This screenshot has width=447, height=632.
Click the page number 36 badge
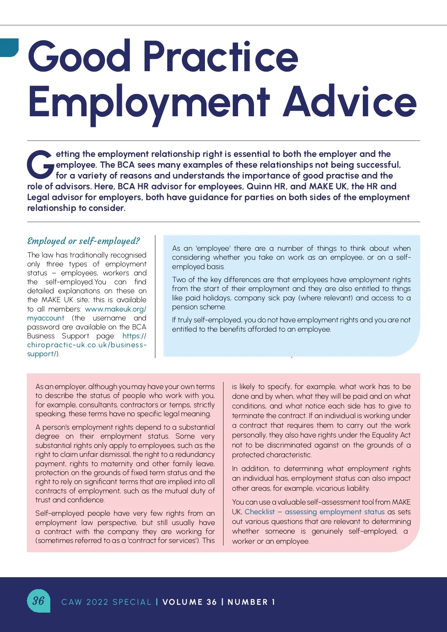38,600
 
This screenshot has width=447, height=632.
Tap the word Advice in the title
349,102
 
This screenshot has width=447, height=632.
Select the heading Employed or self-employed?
83,241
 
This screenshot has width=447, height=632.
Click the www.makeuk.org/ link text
115,309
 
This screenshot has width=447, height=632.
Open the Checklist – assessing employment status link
314,512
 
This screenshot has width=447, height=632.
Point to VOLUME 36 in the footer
190,602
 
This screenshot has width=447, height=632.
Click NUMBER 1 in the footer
251,602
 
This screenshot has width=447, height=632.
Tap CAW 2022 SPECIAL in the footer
106,602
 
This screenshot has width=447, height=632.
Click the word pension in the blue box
184,307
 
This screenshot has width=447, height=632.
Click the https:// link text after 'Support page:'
134,336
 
